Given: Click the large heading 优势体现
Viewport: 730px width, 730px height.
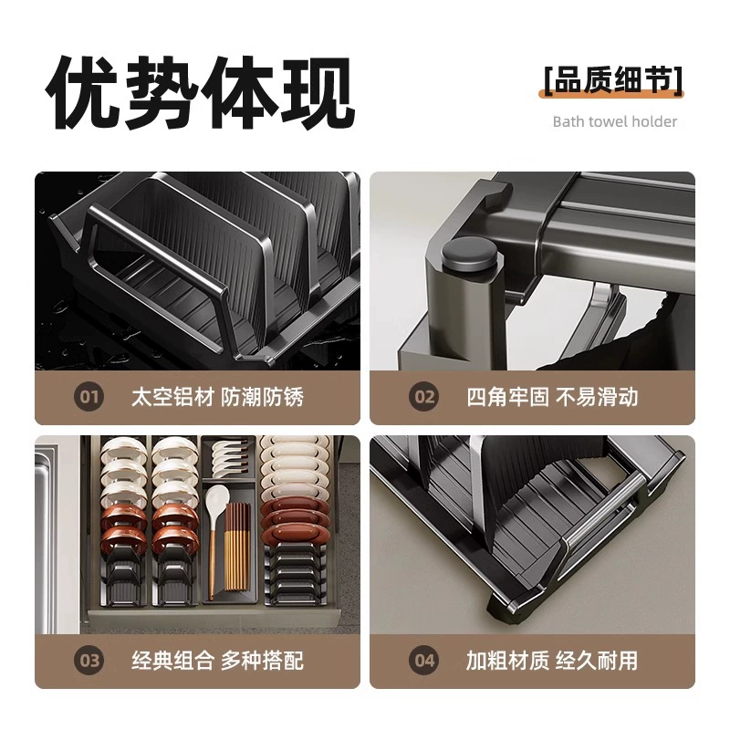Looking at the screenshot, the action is click(201, 92).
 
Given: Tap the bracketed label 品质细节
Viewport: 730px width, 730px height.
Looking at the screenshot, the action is click(613, 80).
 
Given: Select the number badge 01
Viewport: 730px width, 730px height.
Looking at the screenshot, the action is click(89, 397).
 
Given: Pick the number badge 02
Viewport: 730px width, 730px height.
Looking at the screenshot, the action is click(423, 397).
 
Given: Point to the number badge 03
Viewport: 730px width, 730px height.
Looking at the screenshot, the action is click(89, 660).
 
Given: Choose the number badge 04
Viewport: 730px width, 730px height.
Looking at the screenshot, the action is click(423, 660).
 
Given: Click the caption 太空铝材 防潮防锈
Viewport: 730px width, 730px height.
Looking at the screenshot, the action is click(217, 397).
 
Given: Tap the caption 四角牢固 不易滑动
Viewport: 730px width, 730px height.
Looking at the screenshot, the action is click(552, 397).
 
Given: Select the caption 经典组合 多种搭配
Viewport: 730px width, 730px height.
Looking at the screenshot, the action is click(217, 660).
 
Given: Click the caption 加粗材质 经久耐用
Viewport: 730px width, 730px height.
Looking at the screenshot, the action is click(552, 660).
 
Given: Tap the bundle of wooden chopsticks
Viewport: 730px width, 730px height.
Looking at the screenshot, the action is click(238, 546).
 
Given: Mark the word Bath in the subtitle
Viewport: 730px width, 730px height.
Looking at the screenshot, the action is click(568, 121).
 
